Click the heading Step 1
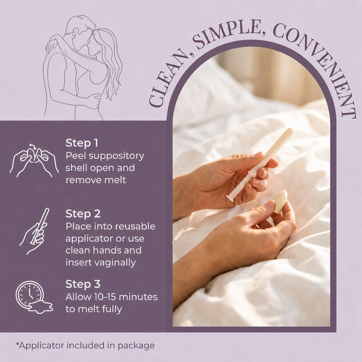82,143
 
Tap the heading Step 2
83,214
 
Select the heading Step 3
83,284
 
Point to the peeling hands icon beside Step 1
34,160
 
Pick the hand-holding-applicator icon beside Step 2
35,231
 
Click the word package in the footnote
136,346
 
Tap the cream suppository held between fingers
280,202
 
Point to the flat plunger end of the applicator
230,198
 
